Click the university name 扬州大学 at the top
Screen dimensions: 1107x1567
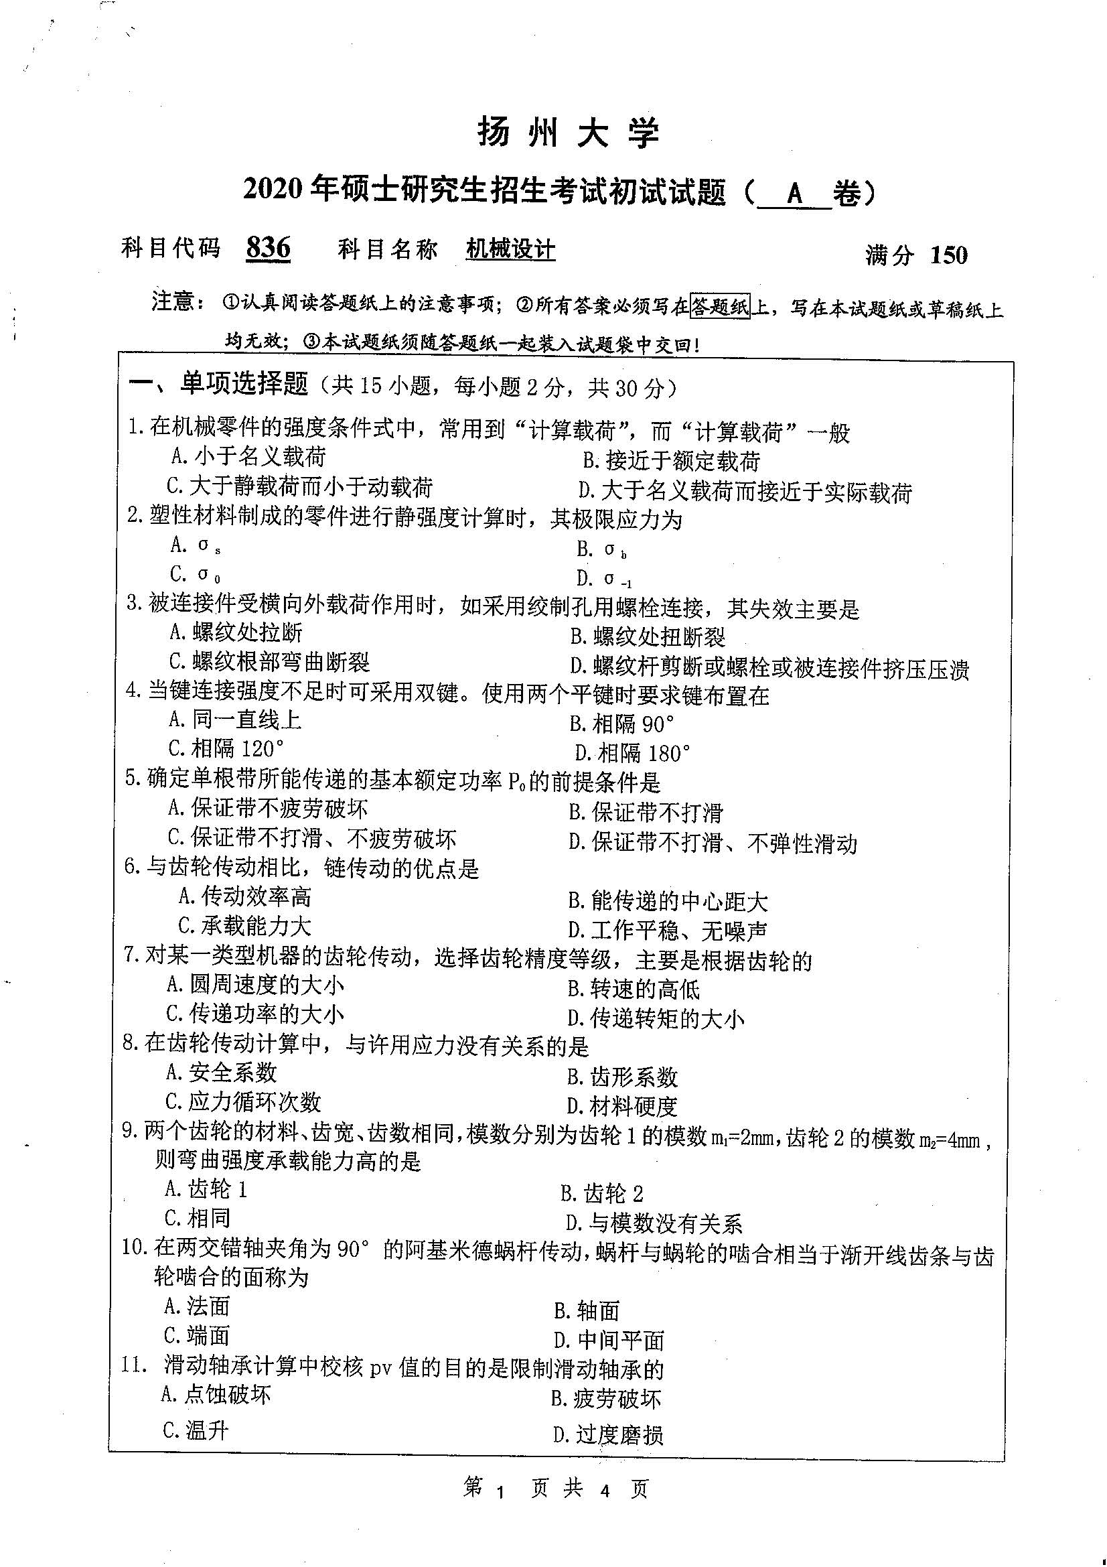tap(568, 133)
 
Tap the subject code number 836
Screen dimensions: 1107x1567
tap(268, 248)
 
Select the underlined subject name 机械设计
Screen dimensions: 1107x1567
tap(510, 250)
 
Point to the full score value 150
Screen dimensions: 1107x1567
tap(949, 255)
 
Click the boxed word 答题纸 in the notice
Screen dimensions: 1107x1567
tap(721, 307)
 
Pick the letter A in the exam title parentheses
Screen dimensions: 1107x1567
tap(794, 194)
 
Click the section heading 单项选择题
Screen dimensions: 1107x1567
tap(244, 385)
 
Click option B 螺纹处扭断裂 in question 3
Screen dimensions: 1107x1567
tap(648, 637)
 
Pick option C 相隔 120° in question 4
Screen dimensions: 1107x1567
tap(226, 749)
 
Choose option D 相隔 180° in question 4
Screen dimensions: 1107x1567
tap(632, 754)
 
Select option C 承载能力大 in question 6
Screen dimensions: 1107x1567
tap(244, 926)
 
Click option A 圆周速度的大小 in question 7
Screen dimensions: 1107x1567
tap(255, 985)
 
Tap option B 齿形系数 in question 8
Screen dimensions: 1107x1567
tap(622, 1077)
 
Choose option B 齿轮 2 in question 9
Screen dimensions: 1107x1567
tap(601, 1194)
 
